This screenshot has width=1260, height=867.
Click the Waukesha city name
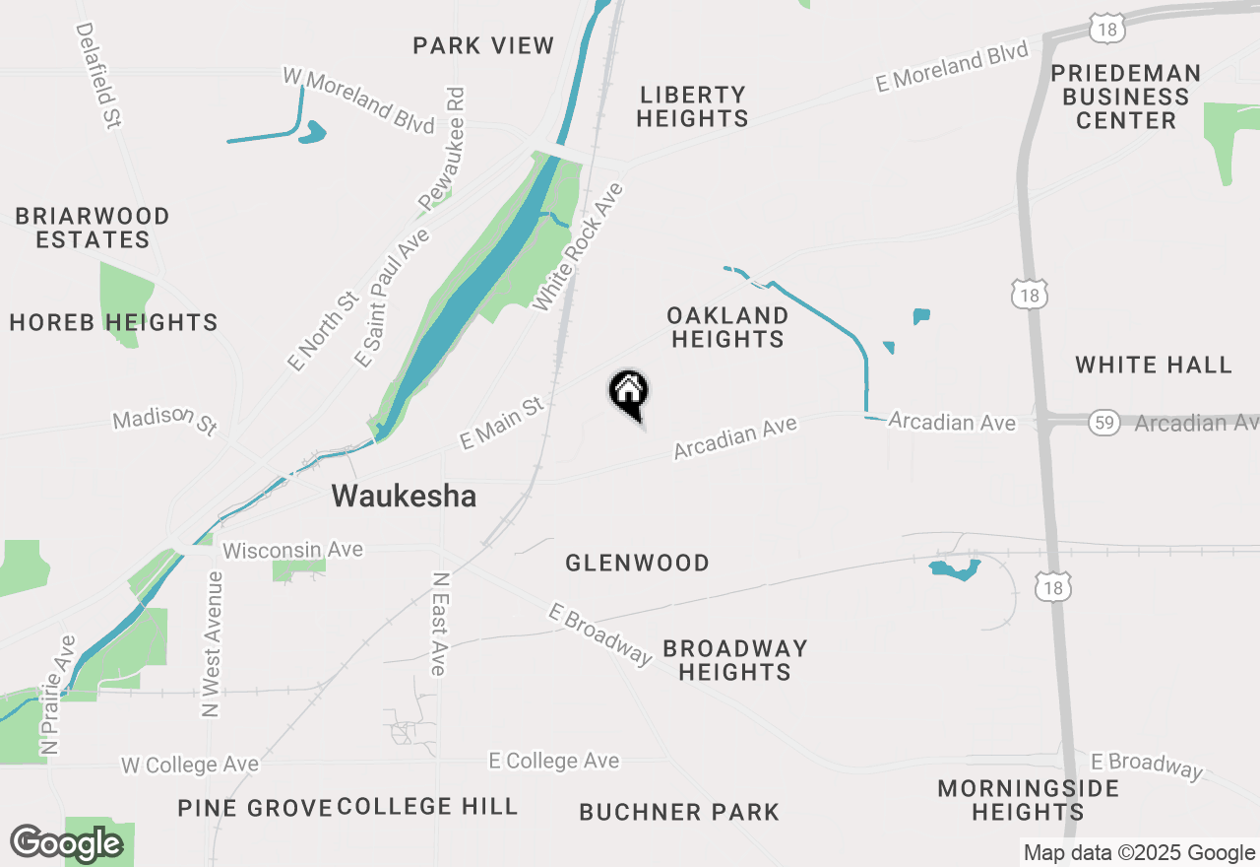click(404, 496)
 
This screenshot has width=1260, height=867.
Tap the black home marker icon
click(629, 392)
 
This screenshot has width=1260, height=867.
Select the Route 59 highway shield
click(1104, 424)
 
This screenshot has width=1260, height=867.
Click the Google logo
click(66, 843)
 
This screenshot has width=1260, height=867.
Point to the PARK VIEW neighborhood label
click(483, 45)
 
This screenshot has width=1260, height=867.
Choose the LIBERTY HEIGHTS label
click(692, 106)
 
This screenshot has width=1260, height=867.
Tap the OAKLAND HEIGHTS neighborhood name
click(727, 327)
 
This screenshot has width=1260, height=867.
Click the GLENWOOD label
click(637, 563)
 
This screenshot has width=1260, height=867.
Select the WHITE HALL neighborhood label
click(1153, 365)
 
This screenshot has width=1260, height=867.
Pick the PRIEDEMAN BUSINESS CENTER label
click(1126, 97)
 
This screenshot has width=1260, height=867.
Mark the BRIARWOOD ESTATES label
click(93, 228)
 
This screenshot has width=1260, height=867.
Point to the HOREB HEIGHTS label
click(113, 322)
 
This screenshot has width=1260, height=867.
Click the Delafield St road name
click(97, 76)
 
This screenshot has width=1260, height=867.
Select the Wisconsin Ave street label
click(279, 550)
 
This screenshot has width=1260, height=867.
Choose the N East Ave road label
click(439, 625)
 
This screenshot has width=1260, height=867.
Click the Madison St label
click(164, 422)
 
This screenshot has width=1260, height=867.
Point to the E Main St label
click(502, 423)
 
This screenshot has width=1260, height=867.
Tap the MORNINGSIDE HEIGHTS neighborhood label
click(1028, 800)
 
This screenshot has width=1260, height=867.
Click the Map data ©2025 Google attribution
click(1139, 853)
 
